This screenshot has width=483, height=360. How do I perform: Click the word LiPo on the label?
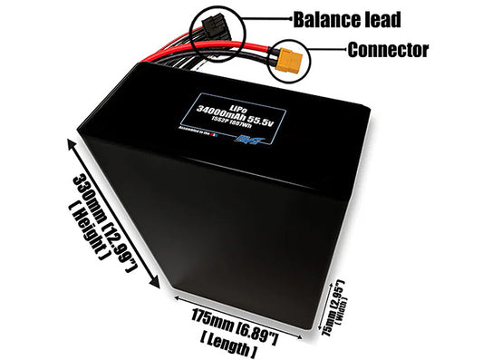[x=243, y=97]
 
